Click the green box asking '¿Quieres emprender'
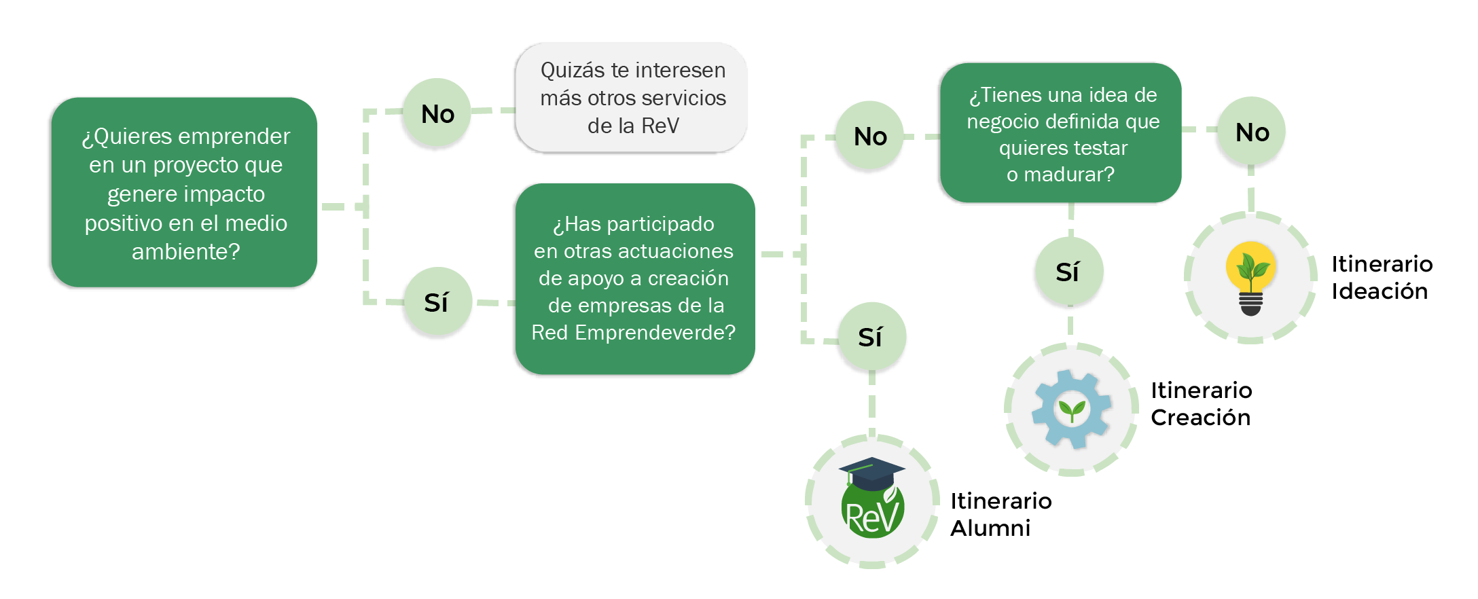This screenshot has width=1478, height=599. point(184,192)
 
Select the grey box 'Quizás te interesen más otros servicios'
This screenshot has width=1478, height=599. point(632,98)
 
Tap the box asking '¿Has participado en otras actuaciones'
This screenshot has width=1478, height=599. point(634,278)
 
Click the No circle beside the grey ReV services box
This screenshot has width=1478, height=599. point(437,113)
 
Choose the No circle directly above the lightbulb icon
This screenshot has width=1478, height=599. point(1252,132)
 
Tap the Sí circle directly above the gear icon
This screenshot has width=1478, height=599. point(1068,272)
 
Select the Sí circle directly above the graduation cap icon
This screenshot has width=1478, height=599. point(871,337)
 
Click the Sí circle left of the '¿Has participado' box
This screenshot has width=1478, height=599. point(437,302)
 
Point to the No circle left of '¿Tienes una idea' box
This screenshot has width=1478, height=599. point(870,136)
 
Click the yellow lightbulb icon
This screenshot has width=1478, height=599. point(1250,278)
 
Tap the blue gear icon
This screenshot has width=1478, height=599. point(1071,409)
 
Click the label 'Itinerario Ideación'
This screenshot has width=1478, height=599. point(1382,277)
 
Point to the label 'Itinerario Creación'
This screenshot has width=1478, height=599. point(1201,403)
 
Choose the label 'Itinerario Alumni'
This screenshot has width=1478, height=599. point(1001,514)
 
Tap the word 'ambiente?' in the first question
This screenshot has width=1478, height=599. point(185,252)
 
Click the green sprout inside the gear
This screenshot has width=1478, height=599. point(1072,410)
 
